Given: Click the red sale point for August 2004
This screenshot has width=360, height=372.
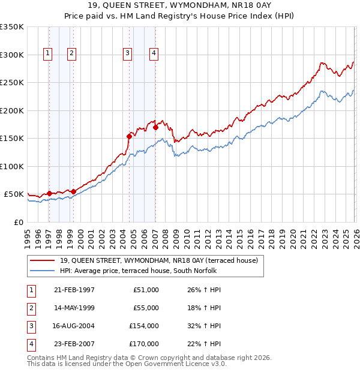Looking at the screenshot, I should [129, 136].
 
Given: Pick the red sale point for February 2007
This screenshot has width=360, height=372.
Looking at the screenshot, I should [155, 127].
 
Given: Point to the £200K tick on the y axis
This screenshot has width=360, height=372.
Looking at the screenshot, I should [12, 110].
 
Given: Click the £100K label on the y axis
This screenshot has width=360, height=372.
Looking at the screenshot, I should [12, 166].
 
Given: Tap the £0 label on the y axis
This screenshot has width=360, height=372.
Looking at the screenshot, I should [18, 222].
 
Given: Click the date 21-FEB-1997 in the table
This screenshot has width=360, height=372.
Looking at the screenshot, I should [74, 290].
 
